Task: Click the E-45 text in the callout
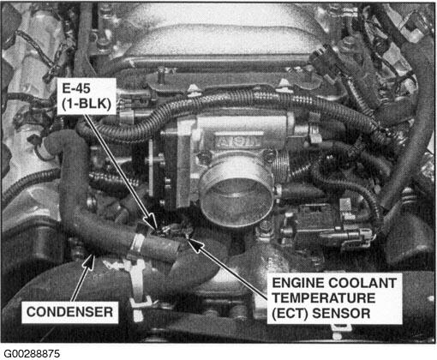coord(76,88)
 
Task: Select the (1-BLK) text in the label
coord(87,104)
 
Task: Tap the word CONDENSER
coord(69,312)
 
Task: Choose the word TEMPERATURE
coord(324,298)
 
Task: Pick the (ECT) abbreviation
coord(290,314)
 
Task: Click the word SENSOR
coord(341,314)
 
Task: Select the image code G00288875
coord(32,354)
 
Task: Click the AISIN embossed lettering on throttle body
coord(238,141)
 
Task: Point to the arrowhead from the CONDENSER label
coord(90,261)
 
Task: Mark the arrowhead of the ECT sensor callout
coord(195,243)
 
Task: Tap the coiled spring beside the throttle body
coord(281,166)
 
